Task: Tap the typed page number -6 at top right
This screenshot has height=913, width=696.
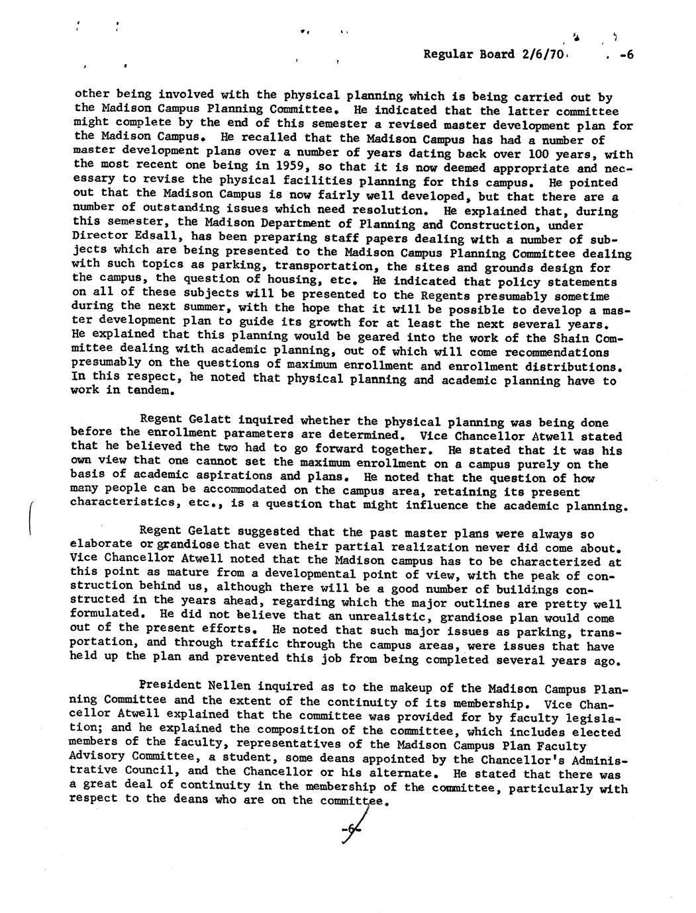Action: tap(626, 55)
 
